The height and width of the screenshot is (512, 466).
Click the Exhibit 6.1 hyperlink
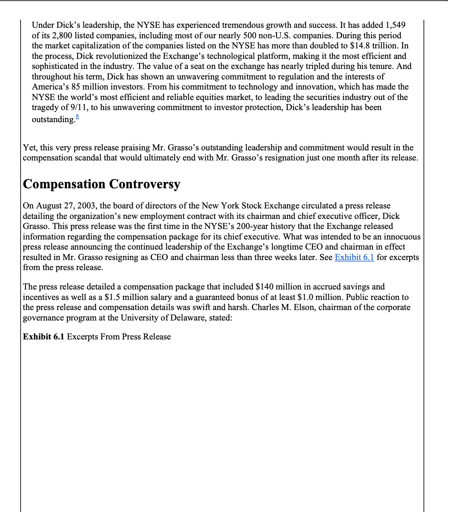(x=354, y=257)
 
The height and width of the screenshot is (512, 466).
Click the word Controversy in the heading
(x=144, y=184)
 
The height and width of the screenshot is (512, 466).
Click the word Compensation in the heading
(x=64, y=184)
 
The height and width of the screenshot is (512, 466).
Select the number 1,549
(x=393, y=25)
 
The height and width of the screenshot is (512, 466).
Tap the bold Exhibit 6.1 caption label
(x=44, y=337)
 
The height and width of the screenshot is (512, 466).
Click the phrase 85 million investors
(x=108, y=87)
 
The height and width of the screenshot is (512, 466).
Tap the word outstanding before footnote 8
(x=53, y=119)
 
